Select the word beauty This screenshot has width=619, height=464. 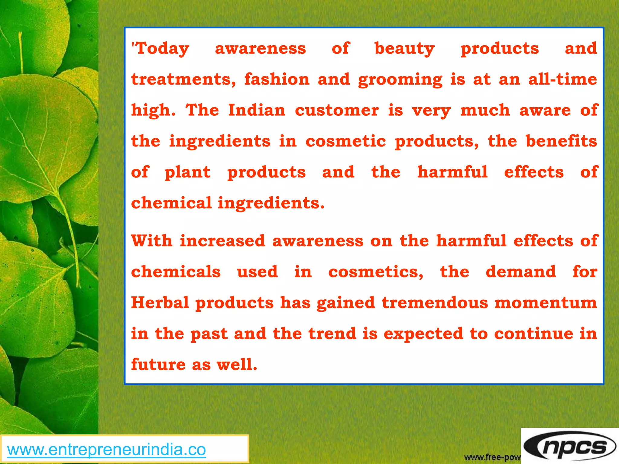(404, 49)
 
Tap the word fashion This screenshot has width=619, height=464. (277, 79)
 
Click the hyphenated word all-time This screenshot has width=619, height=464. (562, 79)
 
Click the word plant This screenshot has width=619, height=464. (187, 172)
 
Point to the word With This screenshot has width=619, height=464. (152, 241)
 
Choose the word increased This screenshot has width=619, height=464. (222, 241)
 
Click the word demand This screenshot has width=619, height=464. (521, 272)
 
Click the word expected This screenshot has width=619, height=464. (423, 334)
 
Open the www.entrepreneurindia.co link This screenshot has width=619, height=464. (106, 449)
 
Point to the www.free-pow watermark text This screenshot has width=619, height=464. (492, 457)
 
